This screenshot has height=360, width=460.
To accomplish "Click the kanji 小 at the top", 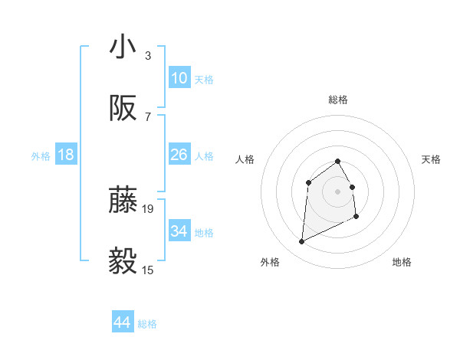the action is [123, 47].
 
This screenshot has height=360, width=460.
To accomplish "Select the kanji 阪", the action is [123, 110].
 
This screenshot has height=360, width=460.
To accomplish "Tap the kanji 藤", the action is [123, 200].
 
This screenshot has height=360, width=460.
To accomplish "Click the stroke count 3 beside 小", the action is [148, 55].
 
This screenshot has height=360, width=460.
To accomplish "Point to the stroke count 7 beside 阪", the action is [148, 117].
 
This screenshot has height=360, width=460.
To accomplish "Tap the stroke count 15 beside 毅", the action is [148, 270].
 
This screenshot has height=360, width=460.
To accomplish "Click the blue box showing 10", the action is [179, 78].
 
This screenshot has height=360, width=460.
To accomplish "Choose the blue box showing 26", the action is [179, 155].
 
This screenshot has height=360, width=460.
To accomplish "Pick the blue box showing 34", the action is [179, 231].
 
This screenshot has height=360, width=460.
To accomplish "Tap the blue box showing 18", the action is [66, 155].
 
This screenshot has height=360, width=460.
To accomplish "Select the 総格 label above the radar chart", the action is [338, 100].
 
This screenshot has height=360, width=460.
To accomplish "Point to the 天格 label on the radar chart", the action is [431, 159].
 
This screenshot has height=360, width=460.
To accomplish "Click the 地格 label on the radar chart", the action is [402, 262].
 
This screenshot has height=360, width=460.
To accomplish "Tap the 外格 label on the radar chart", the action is [270, 262].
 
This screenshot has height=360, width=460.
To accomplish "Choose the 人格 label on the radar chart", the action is [245, 159].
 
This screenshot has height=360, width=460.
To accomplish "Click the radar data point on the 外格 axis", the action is [301, 242].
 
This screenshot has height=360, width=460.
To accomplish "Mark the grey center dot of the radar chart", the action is [338, 191].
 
